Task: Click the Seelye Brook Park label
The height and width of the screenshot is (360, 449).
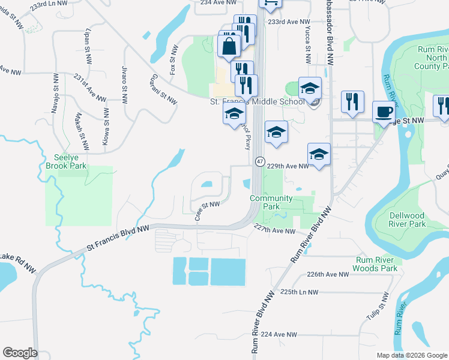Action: coord(66,161)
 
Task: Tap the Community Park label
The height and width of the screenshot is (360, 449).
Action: coord(271,202)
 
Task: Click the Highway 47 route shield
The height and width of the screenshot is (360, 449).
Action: coord(260,161)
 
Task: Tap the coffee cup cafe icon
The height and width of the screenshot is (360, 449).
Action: coord(384,111)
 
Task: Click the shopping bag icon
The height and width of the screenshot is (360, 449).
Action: coord(230,46)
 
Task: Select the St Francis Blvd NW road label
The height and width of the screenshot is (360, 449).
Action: coord(118,237)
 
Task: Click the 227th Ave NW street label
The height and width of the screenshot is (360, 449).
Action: coord(275,230)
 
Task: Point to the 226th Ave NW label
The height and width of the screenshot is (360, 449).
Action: coord(328,274)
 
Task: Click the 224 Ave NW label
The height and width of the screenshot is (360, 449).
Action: coord(279,334)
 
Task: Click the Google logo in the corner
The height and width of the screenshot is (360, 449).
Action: coord(20,353)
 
